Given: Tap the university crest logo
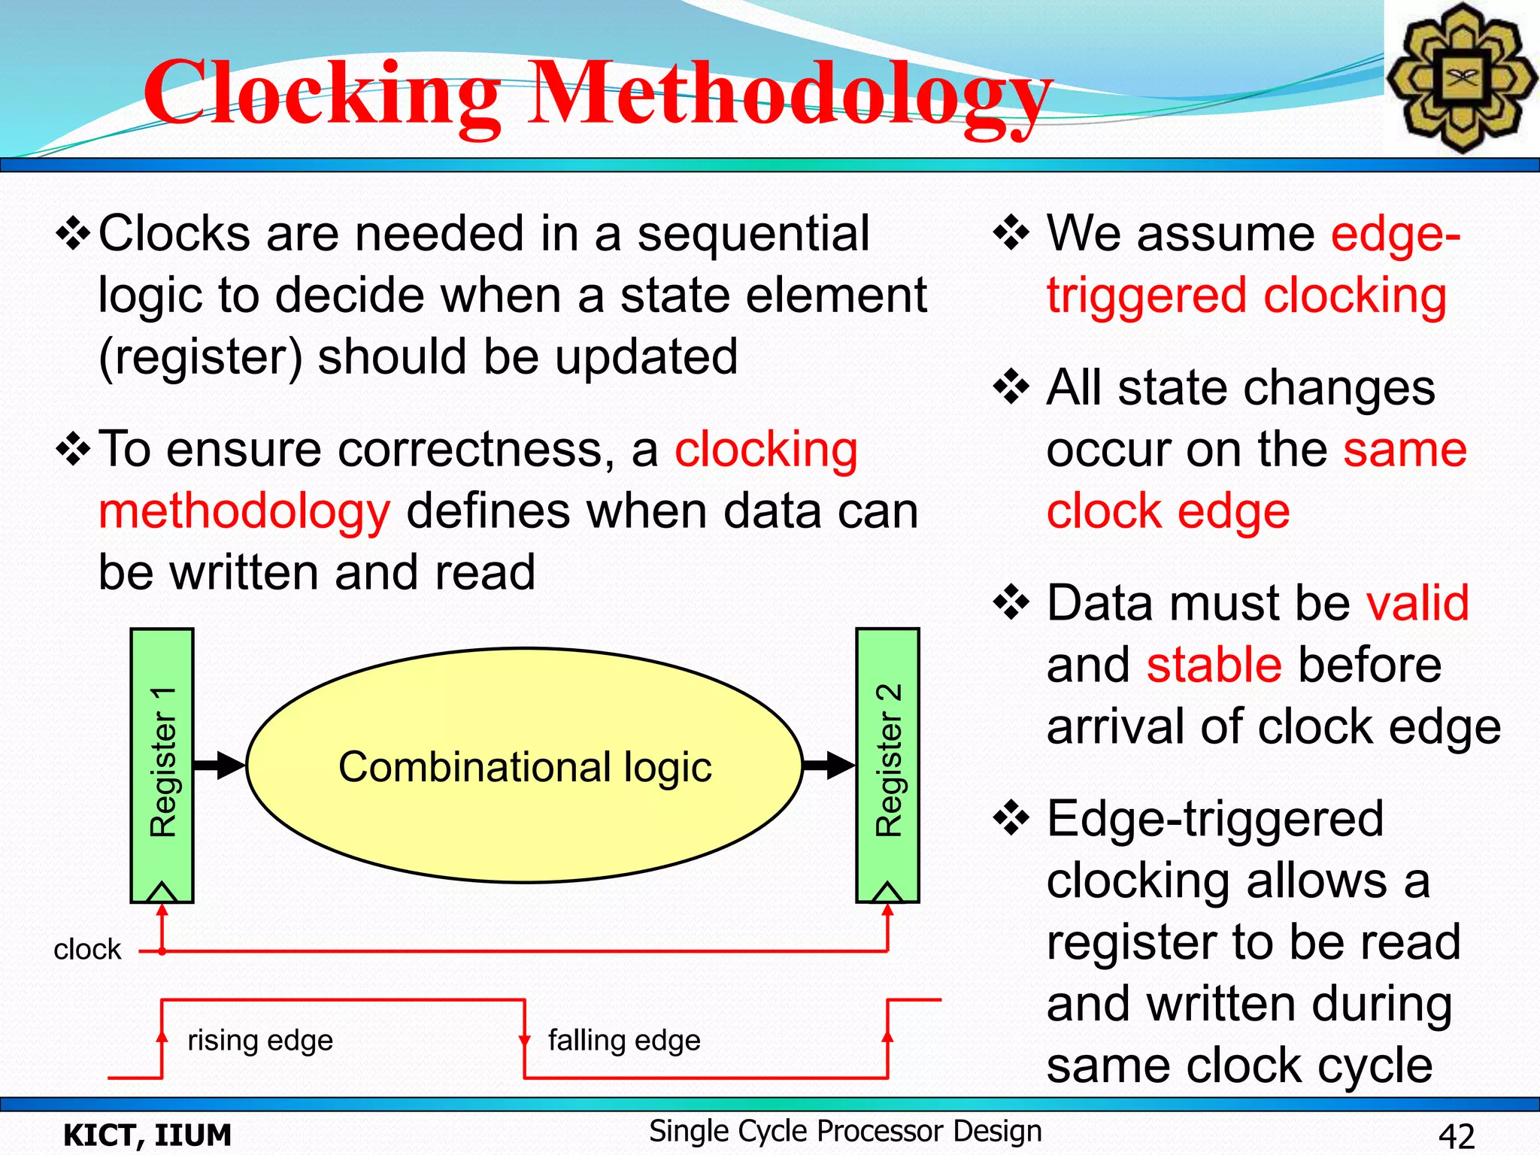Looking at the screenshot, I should tap(1460, 78).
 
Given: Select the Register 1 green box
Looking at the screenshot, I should tap(162, 759).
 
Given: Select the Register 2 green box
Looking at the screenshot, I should tap(888, 759).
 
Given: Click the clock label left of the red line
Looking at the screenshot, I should tap(87, 950).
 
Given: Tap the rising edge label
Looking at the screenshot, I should tap(260, 1041).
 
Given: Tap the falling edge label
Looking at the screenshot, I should tap(624, 1041).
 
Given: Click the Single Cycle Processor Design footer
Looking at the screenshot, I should tap(845, 1131).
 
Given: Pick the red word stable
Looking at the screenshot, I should tap(1214, 665).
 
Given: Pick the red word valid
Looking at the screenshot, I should tap(1417, 604).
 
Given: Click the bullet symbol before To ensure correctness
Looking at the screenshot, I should tap(74, 450).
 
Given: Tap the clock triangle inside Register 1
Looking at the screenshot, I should tap(162, 892).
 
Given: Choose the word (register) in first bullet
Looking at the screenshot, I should tap(202, 358).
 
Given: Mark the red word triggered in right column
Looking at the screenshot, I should tap(1147, 296).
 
